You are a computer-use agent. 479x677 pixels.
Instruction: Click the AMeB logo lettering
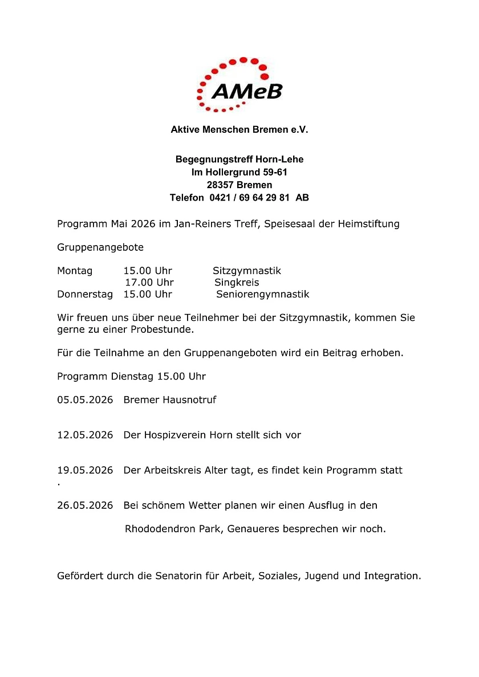(x=246, y=89)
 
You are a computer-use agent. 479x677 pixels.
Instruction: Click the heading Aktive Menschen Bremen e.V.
(x=239, y=130)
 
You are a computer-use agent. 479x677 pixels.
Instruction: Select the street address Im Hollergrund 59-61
(x=239, y=172)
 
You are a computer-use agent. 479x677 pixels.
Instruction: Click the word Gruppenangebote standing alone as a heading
(x=100, y=248)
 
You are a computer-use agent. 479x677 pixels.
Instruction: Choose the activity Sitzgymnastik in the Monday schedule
(x=246, y=271)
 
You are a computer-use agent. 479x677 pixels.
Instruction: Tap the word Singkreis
(x=236, y=283)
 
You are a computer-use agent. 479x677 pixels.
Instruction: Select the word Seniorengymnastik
(x=262, y=295)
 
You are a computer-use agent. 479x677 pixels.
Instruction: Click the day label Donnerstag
(x=85, y=295)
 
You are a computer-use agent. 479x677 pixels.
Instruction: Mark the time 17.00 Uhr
(x=149, y=283)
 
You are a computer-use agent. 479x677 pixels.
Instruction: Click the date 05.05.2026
(x=85, y=400)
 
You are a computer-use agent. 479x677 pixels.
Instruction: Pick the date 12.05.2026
(x=85, y=435)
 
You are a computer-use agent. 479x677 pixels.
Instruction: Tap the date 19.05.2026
(x=85, y=471)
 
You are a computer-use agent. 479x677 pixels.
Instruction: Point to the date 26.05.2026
(x=85, y=505)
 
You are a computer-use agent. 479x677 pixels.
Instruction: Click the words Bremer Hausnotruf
(x=170, y=400)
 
